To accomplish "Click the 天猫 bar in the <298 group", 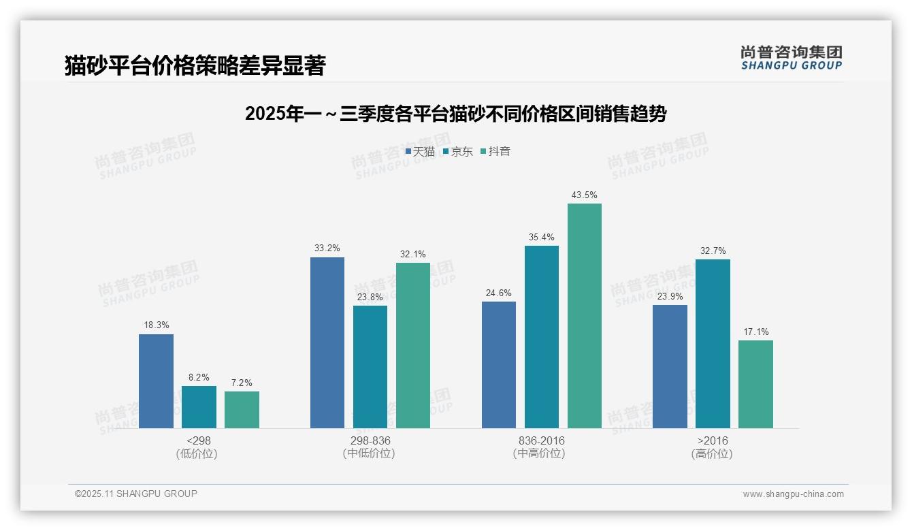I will (x=156, y=381).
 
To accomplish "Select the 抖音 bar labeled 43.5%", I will (x=585, y=316).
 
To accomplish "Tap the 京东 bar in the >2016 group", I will (x=713, y=344).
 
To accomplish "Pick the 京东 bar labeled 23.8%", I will (x=370, y=367).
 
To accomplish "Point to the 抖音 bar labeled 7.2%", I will (x=242, y=410).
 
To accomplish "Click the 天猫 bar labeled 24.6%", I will (x=499, y=365).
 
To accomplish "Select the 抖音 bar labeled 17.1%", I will (x=755, y=385).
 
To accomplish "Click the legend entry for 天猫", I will (x=420, y=152).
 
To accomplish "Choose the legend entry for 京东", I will (x=457, y=152).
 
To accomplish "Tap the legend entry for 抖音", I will (x=495, y=152).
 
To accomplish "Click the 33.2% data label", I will (x=327, y=248).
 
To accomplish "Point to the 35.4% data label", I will (x=542, y=237).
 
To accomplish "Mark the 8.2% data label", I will (x=199, y=377).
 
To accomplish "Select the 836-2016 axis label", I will (x=541, y=440).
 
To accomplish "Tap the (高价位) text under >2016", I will (x=712, y=454).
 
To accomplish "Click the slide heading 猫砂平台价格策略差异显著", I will (x=195, y=65).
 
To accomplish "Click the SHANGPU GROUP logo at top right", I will (x=791, y=58).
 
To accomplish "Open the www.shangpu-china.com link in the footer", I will (x=793, y=494).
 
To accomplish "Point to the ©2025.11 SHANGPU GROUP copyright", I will (x=136, y=494).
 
